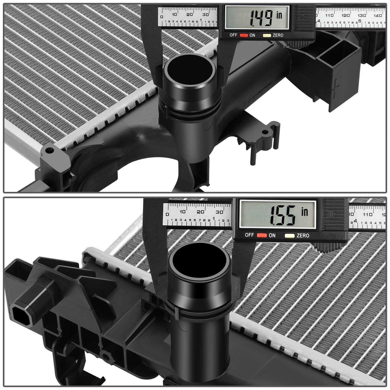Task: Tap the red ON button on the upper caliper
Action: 243,35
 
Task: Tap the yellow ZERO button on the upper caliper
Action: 266,35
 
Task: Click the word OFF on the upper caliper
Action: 233,35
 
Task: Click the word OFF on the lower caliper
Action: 249,235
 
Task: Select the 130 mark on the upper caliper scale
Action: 361,15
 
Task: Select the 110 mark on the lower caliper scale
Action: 367,214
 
